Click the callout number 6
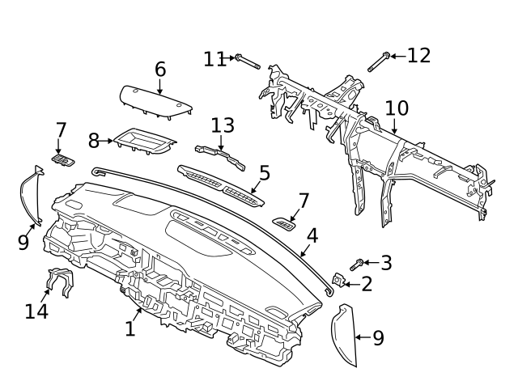click(x=160, y=70)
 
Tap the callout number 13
click(x=223, y=125)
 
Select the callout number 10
click(x=397, y=108)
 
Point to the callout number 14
click(x=36, y=311)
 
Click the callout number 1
click(x=130, y=328)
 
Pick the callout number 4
click(x=312, y=235)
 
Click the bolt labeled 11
click(x=248, y=62)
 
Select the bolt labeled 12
click(x=380, y=62)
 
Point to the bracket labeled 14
click(x=61, y=282)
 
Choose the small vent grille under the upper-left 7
click(x=63, y=160)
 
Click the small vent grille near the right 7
click(x=284, y=224)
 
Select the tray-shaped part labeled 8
click(x=145, y=142)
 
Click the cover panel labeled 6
click(x=156, y=102)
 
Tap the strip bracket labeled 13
click(x=220, y=157)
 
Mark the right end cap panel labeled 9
click(x=344, y=334)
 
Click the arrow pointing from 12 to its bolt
click(x=398, y=57)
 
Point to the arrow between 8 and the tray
click(x=106, y=141)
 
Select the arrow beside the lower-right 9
click(x=363, y=337)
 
